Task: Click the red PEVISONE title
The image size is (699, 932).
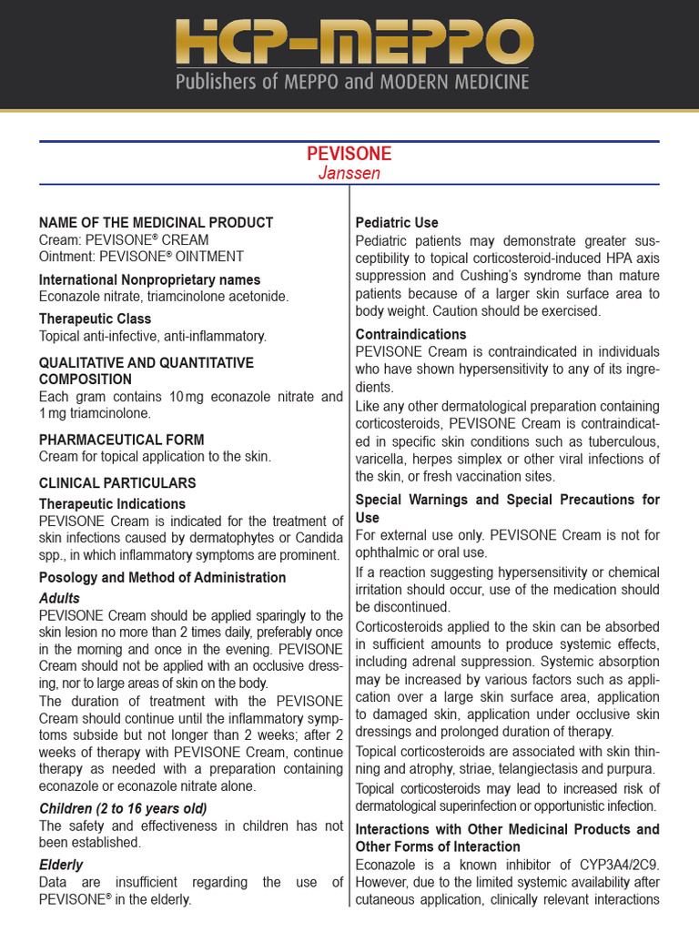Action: pyautogui.click(x=349, y=153)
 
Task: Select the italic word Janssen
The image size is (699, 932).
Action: pyautogui.click(x=349, y=173)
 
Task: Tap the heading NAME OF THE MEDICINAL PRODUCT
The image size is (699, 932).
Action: pyautogui.click(x=156, y=222)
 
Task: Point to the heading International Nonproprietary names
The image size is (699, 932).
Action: pyautogui.click(x=149, y=279)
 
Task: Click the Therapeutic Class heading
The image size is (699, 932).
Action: pyautogui.click(x=95, y=319)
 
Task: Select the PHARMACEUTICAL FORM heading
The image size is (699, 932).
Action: pyautogui.click(x=121, y=440)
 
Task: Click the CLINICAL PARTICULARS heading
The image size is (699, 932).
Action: pyautogui.click(x=117, y=483)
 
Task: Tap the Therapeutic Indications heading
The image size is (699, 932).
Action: pyautogui.click(x=112, y=503)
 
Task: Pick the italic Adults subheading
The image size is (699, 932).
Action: pyautogui.click(x=59, y=598)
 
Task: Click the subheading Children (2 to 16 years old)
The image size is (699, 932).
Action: pyautogui.click(x=123, y=808)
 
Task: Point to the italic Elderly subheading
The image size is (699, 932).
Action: pyautogui.click(x=61, y=865)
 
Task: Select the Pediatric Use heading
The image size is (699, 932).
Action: pyautogui.click(x=397, y=222)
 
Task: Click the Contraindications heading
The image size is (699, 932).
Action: pyautogui.click(x=410, y=334)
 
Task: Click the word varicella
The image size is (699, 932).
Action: pyautogui.click(x=381, y=459)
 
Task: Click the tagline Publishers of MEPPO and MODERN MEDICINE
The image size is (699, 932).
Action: pyautogui.click(x=351, y=83)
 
